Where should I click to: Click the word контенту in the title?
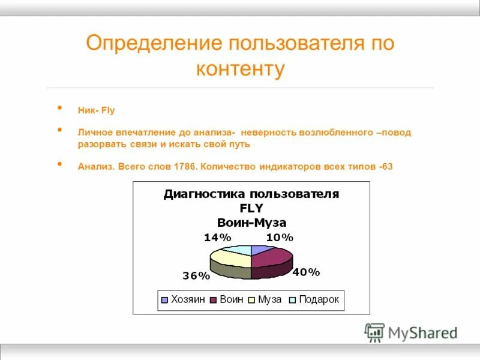(x=240, y=68)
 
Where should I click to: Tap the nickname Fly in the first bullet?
(x=107, y=110)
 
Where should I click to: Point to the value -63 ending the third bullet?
(x=386, y=166)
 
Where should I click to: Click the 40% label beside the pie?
(x=306, y=272)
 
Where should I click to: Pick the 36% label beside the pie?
(x=196, y=276)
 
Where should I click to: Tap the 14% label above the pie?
(x=217, y=238)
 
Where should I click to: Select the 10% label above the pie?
(x=280, y=238)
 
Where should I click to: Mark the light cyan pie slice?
(x=240, y=249)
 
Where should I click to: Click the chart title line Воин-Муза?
(x=251, y=223)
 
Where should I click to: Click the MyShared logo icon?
(x=374, y=332)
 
